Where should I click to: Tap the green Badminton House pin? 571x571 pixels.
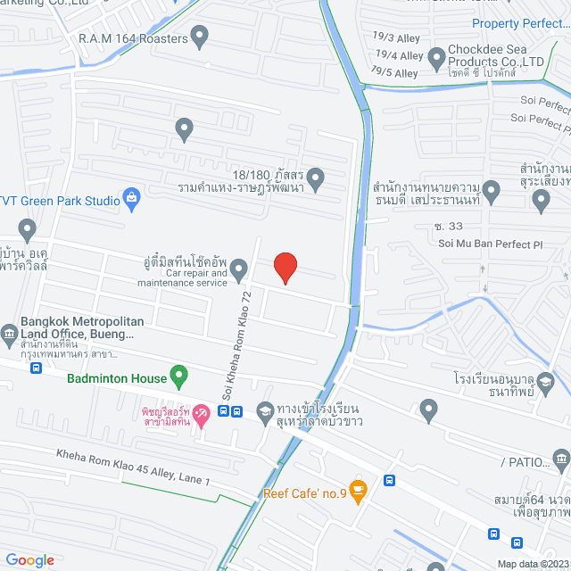[178, 377]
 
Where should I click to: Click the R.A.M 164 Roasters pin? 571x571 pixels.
[200, 37]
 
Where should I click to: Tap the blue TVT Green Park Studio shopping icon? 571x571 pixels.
[132, 198]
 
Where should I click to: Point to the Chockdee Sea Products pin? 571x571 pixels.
[436, 59]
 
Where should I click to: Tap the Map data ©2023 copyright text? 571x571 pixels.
[533, 563]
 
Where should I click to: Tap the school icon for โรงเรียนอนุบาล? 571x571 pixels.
[546, 383]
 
